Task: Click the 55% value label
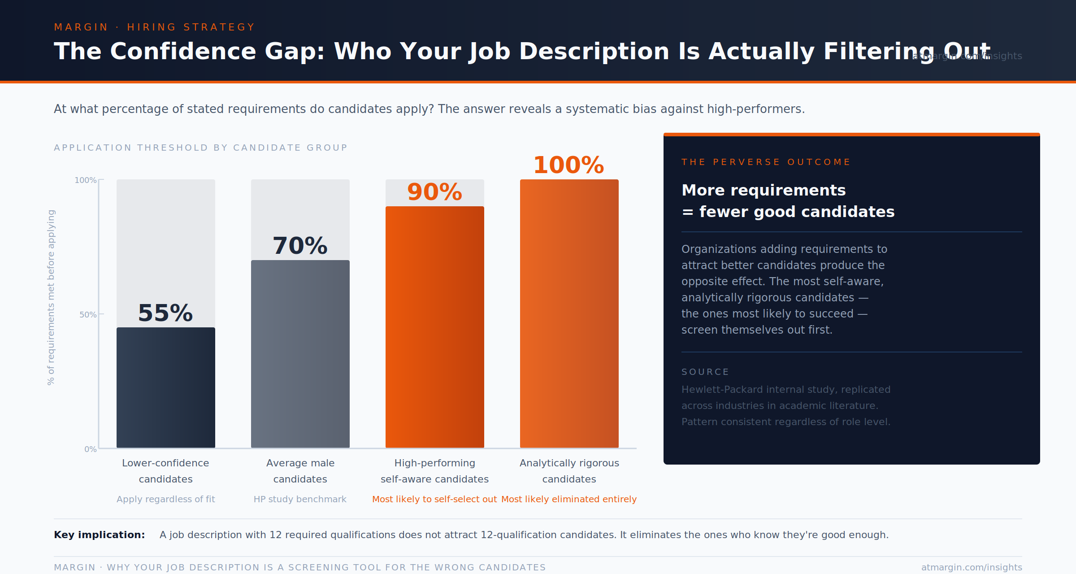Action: coord(165,313)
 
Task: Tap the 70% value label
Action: coord(300,246)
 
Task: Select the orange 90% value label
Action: coord(434,192)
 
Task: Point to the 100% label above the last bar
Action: coord(568,165)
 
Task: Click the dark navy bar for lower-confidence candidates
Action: coord(165,387)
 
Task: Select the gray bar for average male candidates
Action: coord(300,354)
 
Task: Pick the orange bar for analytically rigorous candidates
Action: coord(569,313)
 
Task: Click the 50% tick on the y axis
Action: coord(88,314)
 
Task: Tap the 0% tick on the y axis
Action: coord(90,449)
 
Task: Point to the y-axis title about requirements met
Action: coord(51,297)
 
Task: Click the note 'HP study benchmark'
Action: coord(300,499)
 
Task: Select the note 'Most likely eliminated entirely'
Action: coord(568,499)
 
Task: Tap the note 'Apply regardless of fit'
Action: coord(165,499)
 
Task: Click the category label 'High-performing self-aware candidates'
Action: coord(434,471)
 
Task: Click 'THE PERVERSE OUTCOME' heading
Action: coord(766,162)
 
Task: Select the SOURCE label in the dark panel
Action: coord(705,372)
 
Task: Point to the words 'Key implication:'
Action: coord(99,535)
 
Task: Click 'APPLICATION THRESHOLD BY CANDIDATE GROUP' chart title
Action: coord(200,148)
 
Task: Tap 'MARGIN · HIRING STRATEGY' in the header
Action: coord(154,27)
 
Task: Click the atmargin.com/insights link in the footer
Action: coord(972,567)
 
